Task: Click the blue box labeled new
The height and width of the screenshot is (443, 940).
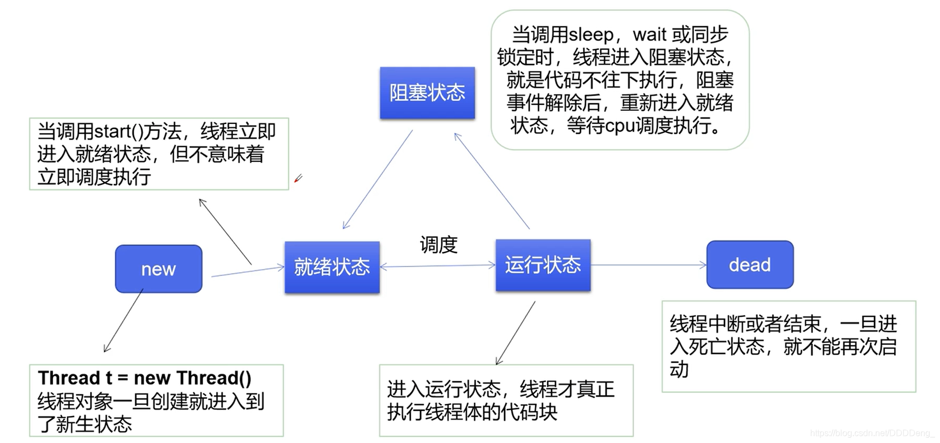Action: tap(158, 268)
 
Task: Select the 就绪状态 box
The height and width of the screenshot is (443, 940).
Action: tap(332, 267)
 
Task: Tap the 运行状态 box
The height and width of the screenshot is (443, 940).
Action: tap(543, 265)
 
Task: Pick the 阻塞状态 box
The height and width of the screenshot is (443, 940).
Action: tap(427, 92)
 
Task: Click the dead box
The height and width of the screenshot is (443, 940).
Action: tap(750, 265)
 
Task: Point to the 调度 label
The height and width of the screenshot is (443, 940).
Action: tap(438, 244)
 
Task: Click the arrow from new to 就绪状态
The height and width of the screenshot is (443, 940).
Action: tap(247, 271)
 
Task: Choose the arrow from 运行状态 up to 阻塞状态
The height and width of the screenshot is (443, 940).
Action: tap(492, 180)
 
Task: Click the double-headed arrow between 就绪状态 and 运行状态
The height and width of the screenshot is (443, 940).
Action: tap(438, 266)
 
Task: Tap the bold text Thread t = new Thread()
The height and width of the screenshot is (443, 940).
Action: tap(145, 378)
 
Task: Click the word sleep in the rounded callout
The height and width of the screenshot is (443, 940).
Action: tap(591, 35)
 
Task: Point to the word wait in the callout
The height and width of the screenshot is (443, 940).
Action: tap(649, 35)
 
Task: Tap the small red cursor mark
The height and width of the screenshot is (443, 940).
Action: tap(298, 179)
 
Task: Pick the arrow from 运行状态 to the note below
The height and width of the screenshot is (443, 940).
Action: tap(516, 333)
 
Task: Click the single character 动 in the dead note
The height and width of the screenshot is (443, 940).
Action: tap(679, 370)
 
